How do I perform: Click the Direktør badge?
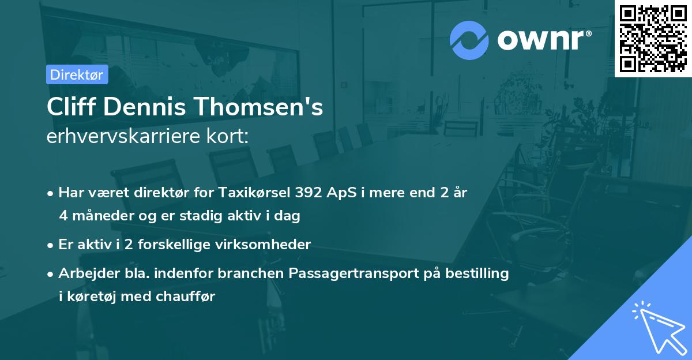pyautogui.click(x=77, y=75)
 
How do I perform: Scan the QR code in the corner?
pyautogui.click(x=653, y=38)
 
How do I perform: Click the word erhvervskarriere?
pyautogui.click(x=123, y=137)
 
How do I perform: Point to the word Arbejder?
pyautogui.click(x=85, y=273)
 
